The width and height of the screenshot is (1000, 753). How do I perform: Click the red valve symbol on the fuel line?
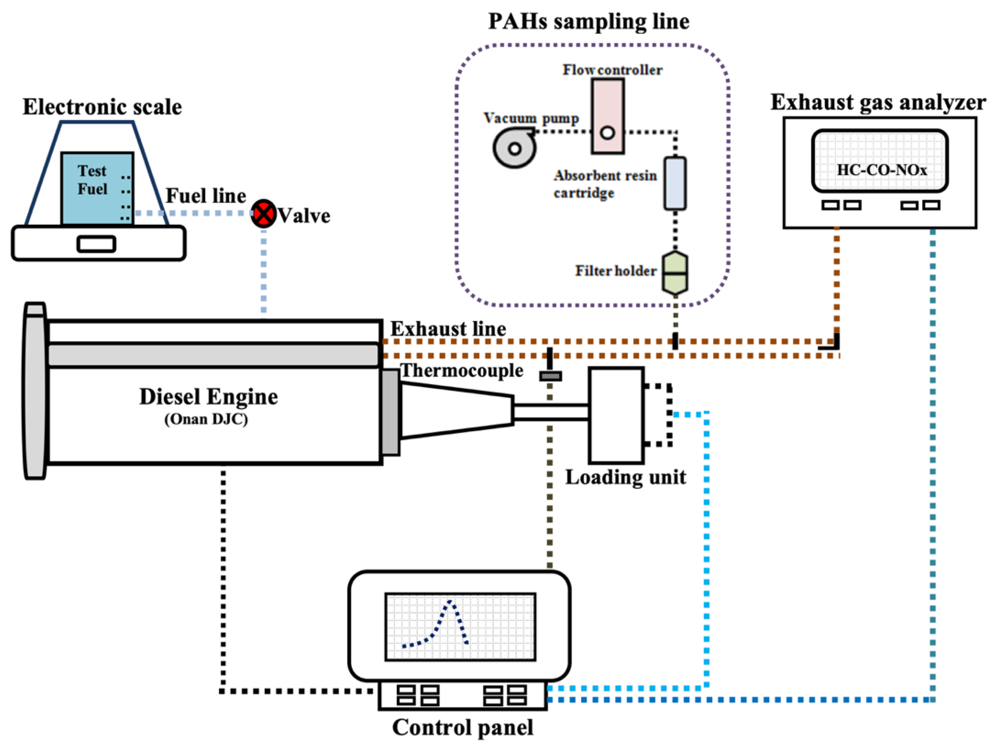[x=264, y=213]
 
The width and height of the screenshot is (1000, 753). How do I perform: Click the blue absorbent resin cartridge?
[x=675, y=183]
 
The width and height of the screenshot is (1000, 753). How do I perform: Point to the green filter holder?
[x=675, y=273]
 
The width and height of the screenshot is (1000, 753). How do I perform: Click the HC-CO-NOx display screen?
[x=880, y=161]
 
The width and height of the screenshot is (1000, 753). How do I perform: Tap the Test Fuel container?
[x=97, y=188]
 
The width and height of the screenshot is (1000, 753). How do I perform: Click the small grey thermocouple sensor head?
[x=550, y=376]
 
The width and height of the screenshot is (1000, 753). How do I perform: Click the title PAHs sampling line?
[x=589, y=22]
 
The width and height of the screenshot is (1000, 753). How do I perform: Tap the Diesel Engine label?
[x=208, y=397]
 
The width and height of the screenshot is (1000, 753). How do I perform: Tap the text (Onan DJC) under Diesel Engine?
[x=206, y=420]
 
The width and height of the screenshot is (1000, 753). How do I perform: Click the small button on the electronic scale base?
[x=96, y=244]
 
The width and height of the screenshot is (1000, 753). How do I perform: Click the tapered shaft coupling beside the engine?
[x=457, y=410]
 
